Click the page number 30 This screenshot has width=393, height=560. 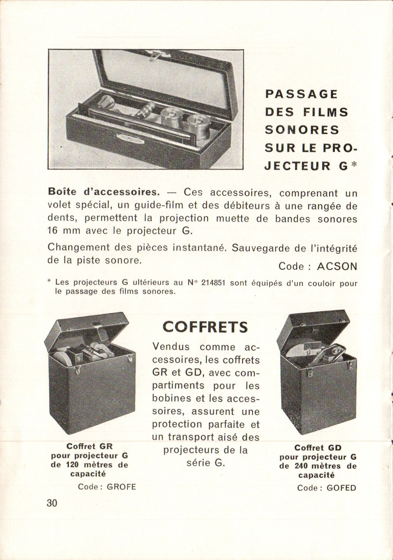[x=52, y=503]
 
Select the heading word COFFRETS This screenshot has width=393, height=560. [x=205, y=327]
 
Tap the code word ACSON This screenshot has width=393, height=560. [x=337, y=267]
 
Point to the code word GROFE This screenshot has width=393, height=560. [x=121, y=486]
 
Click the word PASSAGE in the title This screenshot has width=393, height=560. [x=301, y=94]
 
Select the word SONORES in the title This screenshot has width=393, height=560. [x=302, y=130]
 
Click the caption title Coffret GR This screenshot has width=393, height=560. [x=90, y=446]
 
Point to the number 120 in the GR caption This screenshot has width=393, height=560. [x=71, y=465]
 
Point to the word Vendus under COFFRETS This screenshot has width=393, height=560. [x=171, y=347]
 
